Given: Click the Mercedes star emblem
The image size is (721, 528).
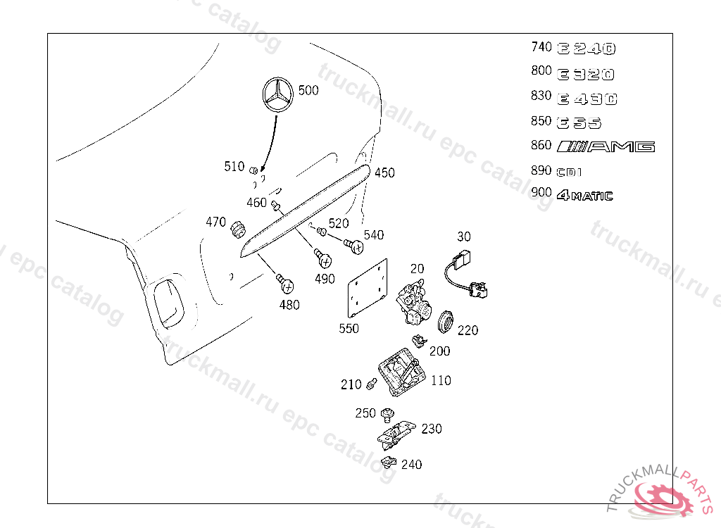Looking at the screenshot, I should pyautogui.click(x=278, y=94).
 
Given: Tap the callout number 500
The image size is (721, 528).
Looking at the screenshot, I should pyautogui.click(x=308, y=90).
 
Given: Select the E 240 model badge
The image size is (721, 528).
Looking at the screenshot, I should pyautogui.click(x=587, y=49).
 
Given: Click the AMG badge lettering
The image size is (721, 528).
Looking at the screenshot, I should pyautogui.click(x=606, y=146).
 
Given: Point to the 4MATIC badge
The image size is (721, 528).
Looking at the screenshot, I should pyautogui.click(x=584, y=196).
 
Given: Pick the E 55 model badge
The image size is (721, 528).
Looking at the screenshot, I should pyautogui.click(x=579, y=123).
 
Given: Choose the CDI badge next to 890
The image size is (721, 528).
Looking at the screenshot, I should pyautogui.click(x=570, y=172).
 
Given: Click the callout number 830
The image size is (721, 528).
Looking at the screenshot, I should pyautogui.click(x=541, y=96).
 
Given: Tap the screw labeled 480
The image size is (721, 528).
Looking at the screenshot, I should pyautogui.click(x=286, y=284).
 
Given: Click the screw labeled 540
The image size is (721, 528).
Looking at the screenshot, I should pyautogui.click(x=355, y=246).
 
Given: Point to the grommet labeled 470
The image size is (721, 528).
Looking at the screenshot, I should pyautogui.click(x=237, y=228).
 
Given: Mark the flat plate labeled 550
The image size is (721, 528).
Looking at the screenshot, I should pyautogui.click(x=369, y=289).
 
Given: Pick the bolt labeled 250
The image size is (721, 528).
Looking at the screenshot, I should pyautogui.click(x=387, y=413).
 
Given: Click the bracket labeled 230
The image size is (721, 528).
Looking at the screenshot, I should pyautogui.click(x=395, y=432).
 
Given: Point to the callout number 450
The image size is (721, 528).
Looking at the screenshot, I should pyautogui.click(x=384, y=172).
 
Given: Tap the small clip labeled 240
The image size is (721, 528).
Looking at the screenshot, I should pyautogui.click(x=387, y=463).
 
